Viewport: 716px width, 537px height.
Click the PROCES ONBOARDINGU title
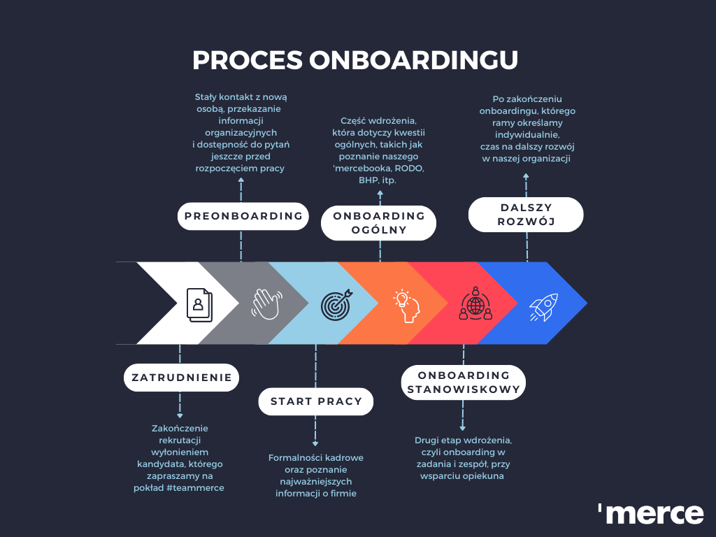[355, 60]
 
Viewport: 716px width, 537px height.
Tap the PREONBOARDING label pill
[243, 216]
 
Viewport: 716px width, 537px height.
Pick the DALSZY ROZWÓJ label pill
[526, 215]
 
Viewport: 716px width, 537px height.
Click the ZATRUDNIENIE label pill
[182, 378]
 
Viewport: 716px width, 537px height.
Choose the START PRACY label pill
[316, 401]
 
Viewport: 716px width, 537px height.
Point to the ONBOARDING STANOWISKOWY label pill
[464, 382]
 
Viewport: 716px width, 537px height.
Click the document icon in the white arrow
[199, 304]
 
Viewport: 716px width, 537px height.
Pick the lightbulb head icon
[406, 306]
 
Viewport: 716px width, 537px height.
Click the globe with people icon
[475, 303]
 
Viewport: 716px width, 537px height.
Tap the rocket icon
[543, 306]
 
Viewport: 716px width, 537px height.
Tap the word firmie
[340, 494]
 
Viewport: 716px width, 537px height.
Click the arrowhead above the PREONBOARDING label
[241, 180]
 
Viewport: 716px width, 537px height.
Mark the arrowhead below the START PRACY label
[315, 443]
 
